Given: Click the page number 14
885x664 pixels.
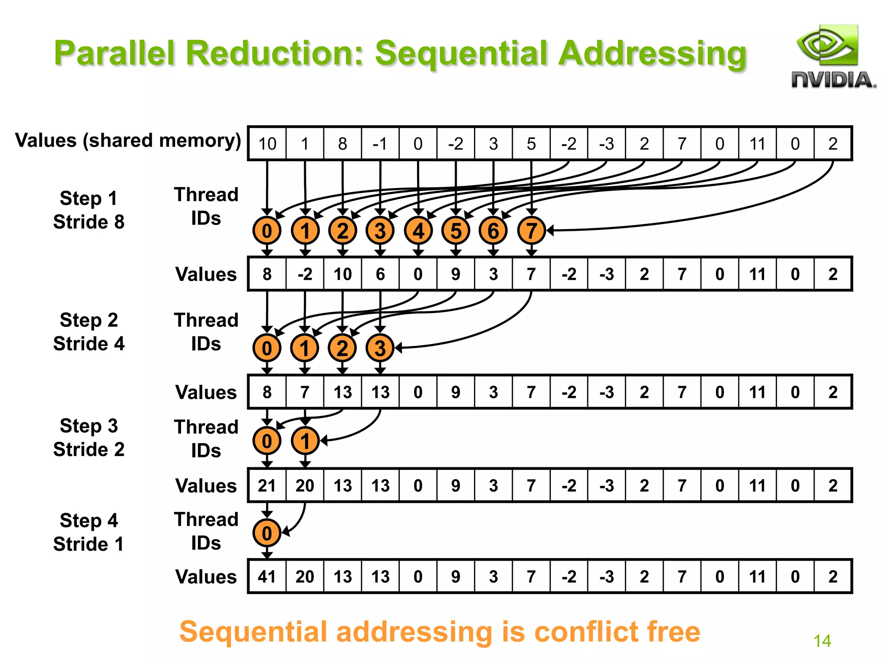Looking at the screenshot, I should pos(822,641).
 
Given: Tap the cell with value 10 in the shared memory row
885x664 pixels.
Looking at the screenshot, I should pos(267,144).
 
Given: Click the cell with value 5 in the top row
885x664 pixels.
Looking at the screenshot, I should pos(531,144).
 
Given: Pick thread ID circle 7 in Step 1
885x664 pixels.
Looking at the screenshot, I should pos(531,231).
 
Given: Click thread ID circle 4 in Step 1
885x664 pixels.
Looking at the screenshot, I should pos(418,231).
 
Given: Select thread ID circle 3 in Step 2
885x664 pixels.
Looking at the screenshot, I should pos(380,348).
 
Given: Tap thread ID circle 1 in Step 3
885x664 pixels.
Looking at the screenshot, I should pos(305,441).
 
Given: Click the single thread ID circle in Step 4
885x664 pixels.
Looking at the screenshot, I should pos(267,533).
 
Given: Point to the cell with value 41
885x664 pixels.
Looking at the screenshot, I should pos(267,576).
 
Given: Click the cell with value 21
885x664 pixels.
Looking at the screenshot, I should pos(267,485).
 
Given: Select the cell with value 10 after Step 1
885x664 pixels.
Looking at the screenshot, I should pos(343,274).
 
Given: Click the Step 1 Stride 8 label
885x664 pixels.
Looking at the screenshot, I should pos(89,210).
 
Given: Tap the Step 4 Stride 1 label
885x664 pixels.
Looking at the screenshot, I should pos(89,532).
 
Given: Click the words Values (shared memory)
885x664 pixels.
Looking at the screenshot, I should pos(128,140).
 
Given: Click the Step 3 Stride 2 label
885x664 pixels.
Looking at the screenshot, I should pos(89,437).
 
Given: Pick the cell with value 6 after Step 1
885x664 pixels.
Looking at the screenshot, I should pos(380,274).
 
